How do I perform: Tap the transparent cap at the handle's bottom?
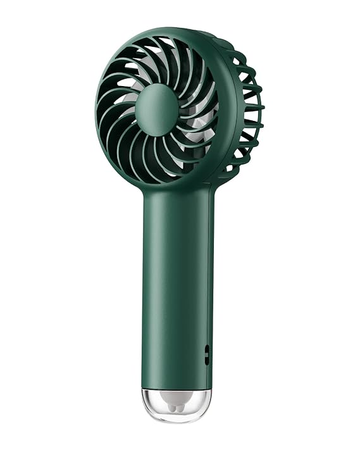pos(176,403)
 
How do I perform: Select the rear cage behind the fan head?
pos(247,108)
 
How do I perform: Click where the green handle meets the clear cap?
pos(175,387)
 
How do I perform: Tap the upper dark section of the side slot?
pos(207,349)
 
